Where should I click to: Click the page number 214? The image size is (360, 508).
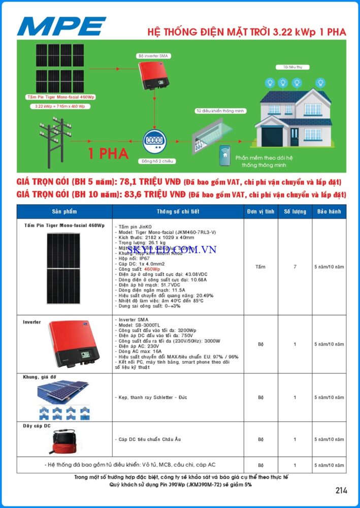pyautogui.click(x=341, y=490)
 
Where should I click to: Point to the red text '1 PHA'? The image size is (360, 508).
pyautogui.click(x=108, y=153)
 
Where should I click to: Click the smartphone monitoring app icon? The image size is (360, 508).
pyautogui.click(x=224, y=155)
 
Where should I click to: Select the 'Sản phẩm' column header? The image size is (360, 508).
pyautogui.click(x=64, y=211)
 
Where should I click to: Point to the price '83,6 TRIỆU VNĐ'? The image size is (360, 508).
pyautogui.click(x=156, y=194)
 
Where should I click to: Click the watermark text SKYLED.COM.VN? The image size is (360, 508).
pyautogui.click(x=172, y=249)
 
